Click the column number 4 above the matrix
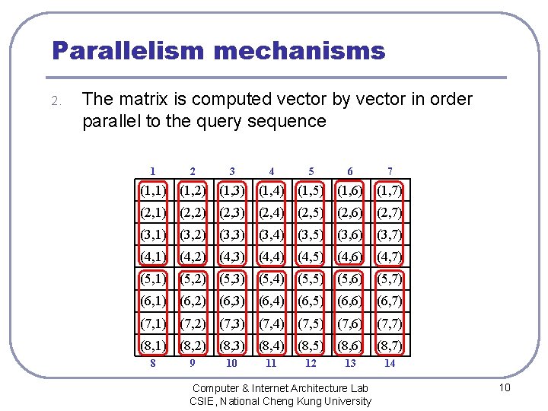click(x=271, y=171)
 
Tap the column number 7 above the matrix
click(x=390, y=171)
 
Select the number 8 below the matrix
click(x=153, y=363)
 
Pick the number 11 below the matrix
click(x=271, y=363)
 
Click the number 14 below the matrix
click(x=390, y=363)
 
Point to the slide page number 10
click(x=504, y=389)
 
